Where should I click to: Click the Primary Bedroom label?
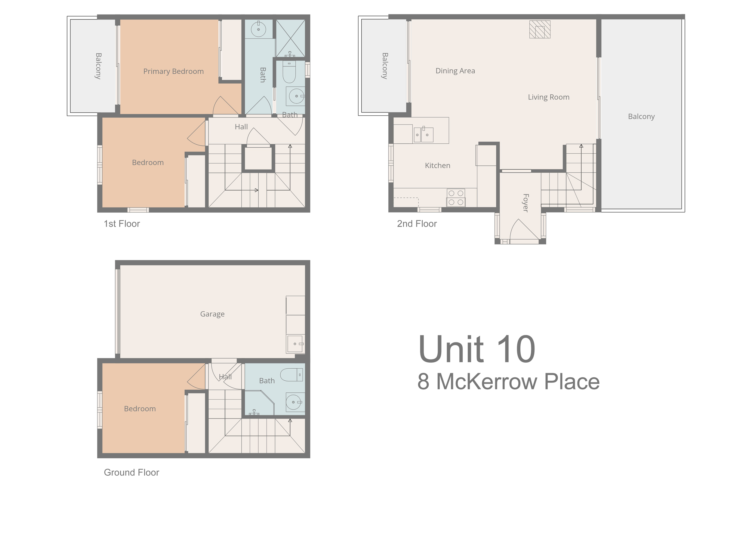173,71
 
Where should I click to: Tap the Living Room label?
549,97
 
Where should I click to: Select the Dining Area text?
455,71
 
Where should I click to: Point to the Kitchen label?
438,165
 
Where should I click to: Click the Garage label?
212,314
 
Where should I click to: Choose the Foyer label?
526,203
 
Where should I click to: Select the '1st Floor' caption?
122,224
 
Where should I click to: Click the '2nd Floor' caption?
417,224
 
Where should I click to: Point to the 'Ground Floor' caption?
131,472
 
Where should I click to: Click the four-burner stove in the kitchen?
456,198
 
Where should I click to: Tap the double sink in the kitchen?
423,134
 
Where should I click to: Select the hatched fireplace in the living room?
540,29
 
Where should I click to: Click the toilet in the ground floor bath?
291,375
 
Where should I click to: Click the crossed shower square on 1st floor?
291,38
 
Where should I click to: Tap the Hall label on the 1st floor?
241,127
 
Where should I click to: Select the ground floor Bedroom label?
140,409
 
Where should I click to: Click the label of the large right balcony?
641,117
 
